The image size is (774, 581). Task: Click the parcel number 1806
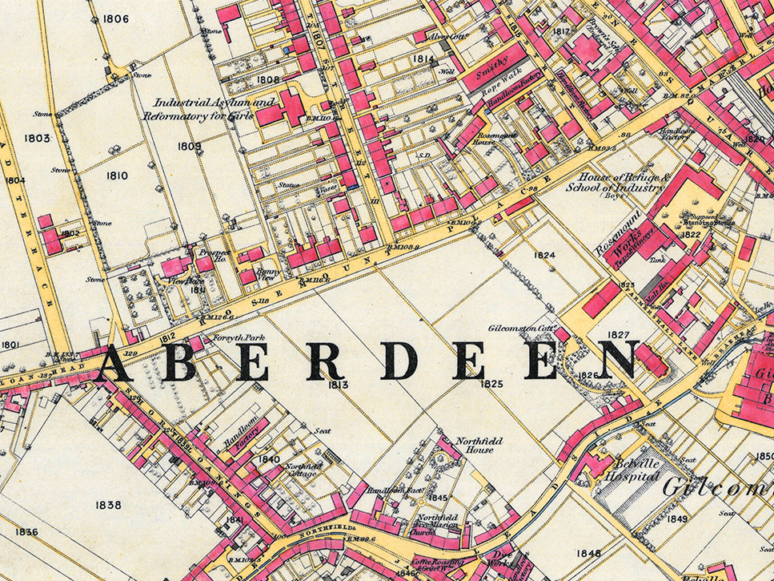click(116, 18)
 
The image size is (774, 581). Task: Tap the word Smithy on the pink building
click(493, 74)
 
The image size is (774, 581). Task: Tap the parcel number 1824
click(544, 255)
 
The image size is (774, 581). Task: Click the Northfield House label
click(475, 446)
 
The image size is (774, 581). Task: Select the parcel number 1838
click(108, 505)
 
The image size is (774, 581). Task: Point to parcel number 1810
click(117, 175)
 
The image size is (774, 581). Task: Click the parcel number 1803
click(37, 138)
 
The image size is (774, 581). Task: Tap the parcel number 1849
click(677, 519)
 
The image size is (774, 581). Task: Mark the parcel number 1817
click(562, 32)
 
